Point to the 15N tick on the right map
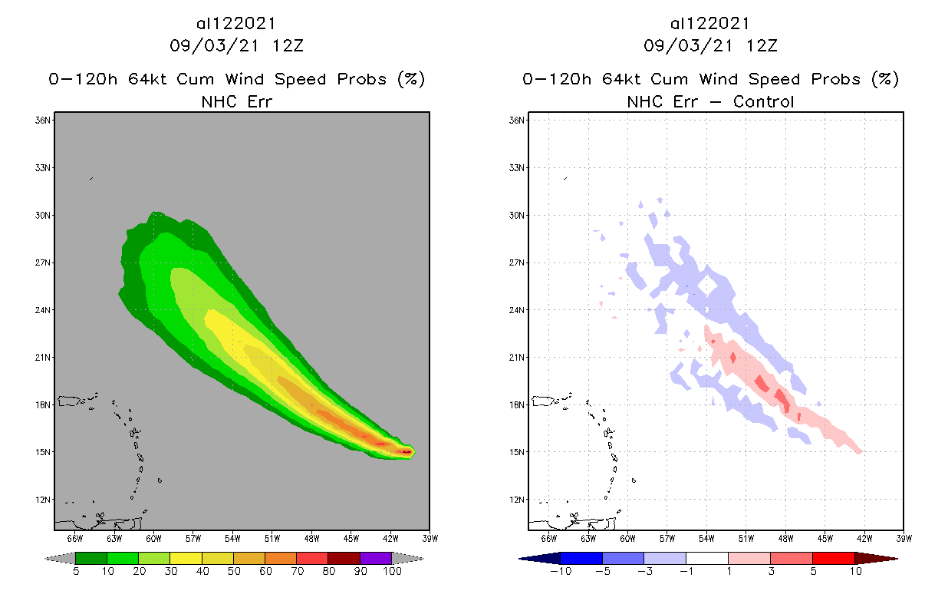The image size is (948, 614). coord(518,452)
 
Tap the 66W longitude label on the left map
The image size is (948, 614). coord(74,538)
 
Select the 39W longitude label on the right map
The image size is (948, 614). coord(904,538)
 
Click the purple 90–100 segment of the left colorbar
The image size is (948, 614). coord(376,558)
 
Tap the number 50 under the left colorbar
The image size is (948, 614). coord(233,571)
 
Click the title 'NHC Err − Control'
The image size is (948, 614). coord(710,101)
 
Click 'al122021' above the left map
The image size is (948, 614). coord(236,24)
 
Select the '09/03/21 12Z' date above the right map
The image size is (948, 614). coord(710,46)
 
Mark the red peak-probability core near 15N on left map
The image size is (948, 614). coord(406,452)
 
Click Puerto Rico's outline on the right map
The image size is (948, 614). coord(544,401)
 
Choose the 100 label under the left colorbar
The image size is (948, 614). coord(392,571)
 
